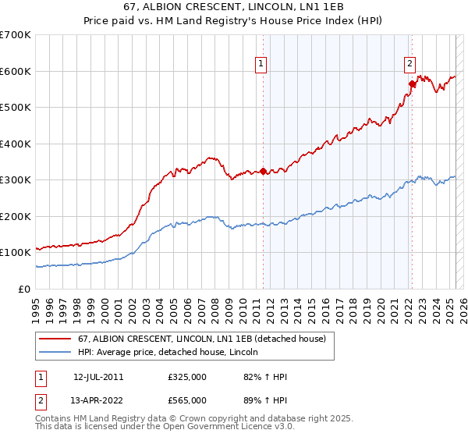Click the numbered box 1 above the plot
pyautogui.click(x=261, y=65)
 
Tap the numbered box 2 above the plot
pyautogui.click(x=410, y=65)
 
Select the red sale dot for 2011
pyautogui.click(x=263, y=171)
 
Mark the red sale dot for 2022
pyautogui.click(x=411, y=83)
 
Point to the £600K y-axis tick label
pyautogui.click(x=16, y=71)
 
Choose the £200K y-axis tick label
pyautogui.click(x=16, y=216)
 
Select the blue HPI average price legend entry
pyautogui.click(x=172, y=352)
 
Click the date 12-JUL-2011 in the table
pyautogui.click(x=98, y=377)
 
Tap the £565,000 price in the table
pyautogui.click(x=187, y=400)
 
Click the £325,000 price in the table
pyautogui.click(x=187, y=377)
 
